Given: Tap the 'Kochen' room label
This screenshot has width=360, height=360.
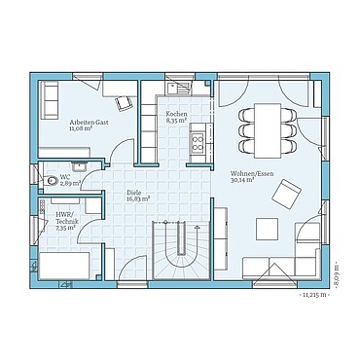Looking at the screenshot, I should click(x=177, y=115).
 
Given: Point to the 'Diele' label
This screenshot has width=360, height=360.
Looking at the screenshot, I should click(x=136, y=193).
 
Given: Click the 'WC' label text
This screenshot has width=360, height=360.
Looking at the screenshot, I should click(x=64, y=176).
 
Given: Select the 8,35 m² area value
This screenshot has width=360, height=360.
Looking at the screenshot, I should click(x=177, y=122).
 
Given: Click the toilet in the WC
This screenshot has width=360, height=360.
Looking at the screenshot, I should click(x=46, y=179).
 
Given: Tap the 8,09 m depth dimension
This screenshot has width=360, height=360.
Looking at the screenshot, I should click(x=337, y=266).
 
